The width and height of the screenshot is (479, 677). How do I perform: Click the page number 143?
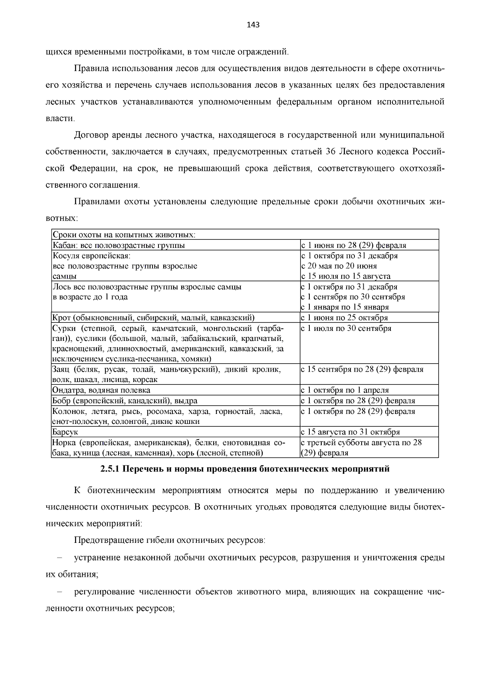(x=253, y=25)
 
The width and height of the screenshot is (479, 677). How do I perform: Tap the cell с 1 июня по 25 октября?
(x=344, y=318)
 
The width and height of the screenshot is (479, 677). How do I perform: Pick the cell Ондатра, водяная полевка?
(x=101, y=390)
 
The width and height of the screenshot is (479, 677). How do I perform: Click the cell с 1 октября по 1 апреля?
(x=345, y=390)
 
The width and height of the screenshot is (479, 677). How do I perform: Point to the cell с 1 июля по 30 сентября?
(x=346, y=328)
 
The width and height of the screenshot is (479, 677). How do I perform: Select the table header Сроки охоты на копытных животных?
(x=124, y=235)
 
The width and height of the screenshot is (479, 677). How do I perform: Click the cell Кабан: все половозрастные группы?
(x=119, y=245)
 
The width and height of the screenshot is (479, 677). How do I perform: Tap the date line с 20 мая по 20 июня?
(x=339, y=266)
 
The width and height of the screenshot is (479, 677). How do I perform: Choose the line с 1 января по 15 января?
(x=345, y=307)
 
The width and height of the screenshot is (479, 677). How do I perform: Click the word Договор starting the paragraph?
(x=91, y=135)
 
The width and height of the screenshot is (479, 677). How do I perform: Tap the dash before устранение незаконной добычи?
(x=59, y=557)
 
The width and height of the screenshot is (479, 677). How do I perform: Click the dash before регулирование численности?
(x=59, y=592)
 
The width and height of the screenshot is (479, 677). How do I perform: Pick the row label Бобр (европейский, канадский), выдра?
(x=125, y=400)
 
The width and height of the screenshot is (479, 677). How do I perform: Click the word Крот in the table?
(x=61, y=318)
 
